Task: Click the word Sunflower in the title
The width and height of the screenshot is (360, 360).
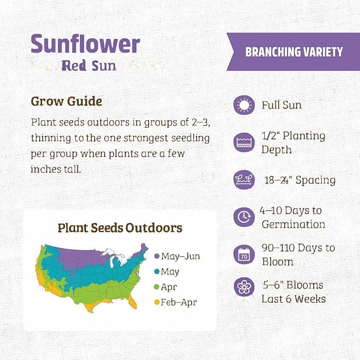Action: coord(85,44)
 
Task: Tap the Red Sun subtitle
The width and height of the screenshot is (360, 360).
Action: coord(89,66)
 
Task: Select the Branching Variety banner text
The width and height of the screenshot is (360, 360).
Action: coord(294,51)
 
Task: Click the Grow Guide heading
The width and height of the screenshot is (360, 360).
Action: coord(66,101)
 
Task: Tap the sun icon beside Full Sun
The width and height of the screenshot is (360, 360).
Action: coord(244,104)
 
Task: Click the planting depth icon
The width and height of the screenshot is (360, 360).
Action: coord(244,142)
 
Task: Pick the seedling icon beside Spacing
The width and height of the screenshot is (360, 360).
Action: coord(244,180)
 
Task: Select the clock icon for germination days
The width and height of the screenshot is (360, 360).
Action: coord(244,216)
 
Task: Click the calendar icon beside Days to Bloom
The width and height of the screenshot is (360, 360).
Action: coord(244,254)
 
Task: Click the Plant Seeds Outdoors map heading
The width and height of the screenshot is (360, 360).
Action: coord(119,228)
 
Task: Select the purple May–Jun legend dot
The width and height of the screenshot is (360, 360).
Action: coord(156,256)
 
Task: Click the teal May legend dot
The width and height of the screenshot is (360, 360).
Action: coord(156,272)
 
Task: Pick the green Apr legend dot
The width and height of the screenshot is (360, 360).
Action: coord(156,288)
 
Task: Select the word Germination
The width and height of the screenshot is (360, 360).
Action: coord(293,224)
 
